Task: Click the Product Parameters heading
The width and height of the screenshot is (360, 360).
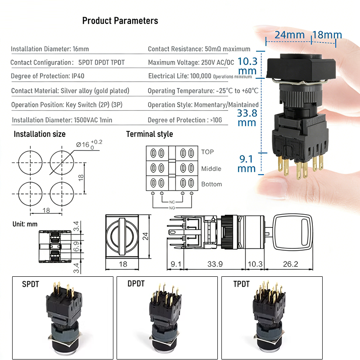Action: coord(120,21)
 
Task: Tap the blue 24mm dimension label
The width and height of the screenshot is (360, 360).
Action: coord(287,35)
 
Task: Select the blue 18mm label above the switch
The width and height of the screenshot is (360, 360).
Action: coord(327,35)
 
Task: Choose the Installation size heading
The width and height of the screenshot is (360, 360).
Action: coord(40,134)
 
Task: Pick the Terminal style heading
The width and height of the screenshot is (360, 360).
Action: coord(149,134)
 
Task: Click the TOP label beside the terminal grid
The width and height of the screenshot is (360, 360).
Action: coord(207,152)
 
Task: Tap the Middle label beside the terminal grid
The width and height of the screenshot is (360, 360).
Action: coord(211,169)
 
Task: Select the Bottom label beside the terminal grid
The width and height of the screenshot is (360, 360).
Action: coord(211,184)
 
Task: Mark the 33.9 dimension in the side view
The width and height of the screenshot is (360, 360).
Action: coord(214,264)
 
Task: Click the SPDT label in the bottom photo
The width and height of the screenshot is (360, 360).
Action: coord(31,284)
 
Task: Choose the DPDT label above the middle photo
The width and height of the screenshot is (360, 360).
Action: coord(136,284)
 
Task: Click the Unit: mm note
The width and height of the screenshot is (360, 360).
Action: coord(25,224)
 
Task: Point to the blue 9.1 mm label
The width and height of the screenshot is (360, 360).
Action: coord(247,164)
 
